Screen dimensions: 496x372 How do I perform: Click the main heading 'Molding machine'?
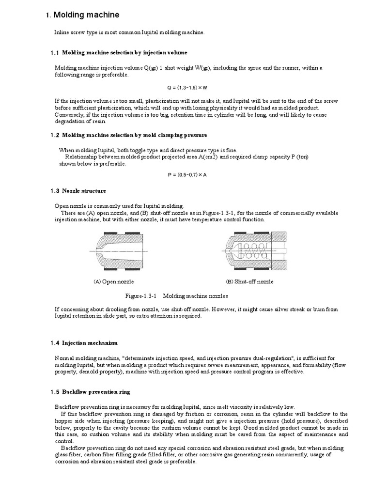coord(86,15)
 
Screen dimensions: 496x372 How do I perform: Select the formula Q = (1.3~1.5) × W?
coord(186,88)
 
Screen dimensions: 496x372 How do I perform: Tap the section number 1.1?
coord(54,52)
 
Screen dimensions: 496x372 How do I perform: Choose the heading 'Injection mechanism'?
coord(90,343)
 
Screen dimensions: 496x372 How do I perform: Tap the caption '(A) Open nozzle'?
coord(113,281)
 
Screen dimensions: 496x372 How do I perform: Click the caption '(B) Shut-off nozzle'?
coord(249,281)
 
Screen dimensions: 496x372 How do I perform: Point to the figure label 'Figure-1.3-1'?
coord(141,295)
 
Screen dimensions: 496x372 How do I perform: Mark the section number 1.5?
coord(54,391)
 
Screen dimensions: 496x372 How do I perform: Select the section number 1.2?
coord(54,135)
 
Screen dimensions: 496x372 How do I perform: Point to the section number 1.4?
coord(54,343)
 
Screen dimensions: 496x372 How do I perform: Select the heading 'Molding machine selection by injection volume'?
coord(125,52)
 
